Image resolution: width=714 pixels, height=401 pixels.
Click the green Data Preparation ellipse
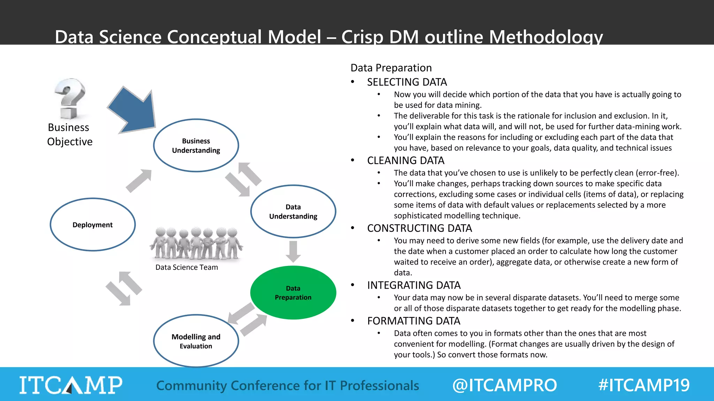coord(293,293)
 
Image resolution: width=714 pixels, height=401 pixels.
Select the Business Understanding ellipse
coord(196,146)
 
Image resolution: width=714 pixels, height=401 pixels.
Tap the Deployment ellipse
coord(93,225)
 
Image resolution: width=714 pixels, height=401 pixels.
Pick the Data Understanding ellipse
coord(293,211)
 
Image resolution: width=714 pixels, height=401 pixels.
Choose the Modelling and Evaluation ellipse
coord(196,341)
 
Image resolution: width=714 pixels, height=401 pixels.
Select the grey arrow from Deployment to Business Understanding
coord(139,181)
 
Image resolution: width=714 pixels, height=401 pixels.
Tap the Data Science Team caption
coord(187,267)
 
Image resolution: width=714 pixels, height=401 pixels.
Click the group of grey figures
coord(196,244)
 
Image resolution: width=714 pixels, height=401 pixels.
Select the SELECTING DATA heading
coord(407,82)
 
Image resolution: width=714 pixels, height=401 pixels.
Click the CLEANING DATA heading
coord(405,160)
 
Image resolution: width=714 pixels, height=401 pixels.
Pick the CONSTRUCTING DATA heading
coord(419,228)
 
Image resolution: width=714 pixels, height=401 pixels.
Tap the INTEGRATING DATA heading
coord(414,285)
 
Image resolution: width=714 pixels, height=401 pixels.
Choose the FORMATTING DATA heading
coord(413,321)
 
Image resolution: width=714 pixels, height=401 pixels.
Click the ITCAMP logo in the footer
coord(71,385)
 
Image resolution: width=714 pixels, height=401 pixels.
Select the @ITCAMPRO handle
coord(504,385)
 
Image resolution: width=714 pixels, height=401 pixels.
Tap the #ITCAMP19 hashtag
coord(644,385)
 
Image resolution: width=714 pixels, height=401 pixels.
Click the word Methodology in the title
coord(546,37)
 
